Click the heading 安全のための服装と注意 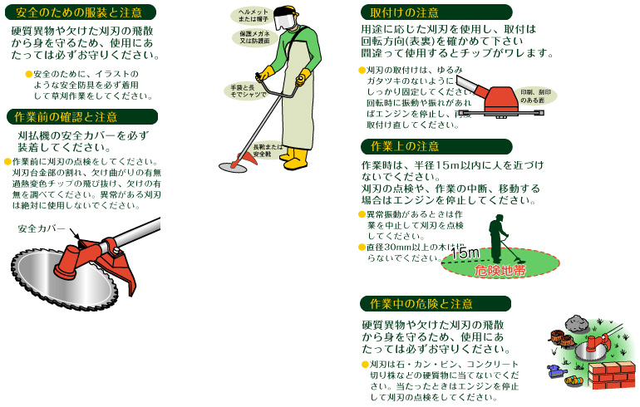(79, 12)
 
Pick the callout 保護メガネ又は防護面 (250, 37)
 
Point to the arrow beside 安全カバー (74, 234)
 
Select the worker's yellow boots (293, 157)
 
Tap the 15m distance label (465, 253)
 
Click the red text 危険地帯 (500, 270)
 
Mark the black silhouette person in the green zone (497, 236)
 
